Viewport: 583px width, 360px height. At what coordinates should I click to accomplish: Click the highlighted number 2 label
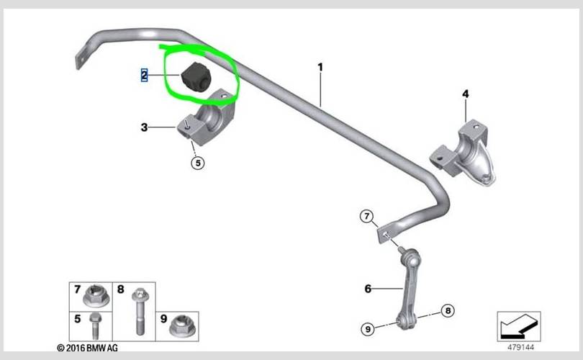(x=144, y=75)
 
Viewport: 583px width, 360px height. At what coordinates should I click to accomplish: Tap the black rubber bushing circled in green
(x=196, y=76)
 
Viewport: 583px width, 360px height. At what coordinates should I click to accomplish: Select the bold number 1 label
(x=320, y=67)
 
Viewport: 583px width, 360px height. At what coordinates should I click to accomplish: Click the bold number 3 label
(x=144, y=127)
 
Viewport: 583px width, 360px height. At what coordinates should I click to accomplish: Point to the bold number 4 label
(x=466, y=94)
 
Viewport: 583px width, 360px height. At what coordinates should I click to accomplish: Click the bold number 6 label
(x=368, y=289)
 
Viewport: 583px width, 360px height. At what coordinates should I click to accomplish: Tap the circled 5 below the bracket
(x=198, y=163)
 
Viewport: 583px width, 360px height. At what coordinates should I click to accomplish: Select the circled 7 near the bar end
(x=367, y=216)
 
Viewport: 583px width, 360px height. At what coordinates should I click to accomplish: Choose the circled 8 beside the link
(x=448, y=310)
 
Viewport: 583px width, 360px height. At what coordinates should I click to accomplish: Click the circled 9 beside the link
(x=368, y=329)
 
